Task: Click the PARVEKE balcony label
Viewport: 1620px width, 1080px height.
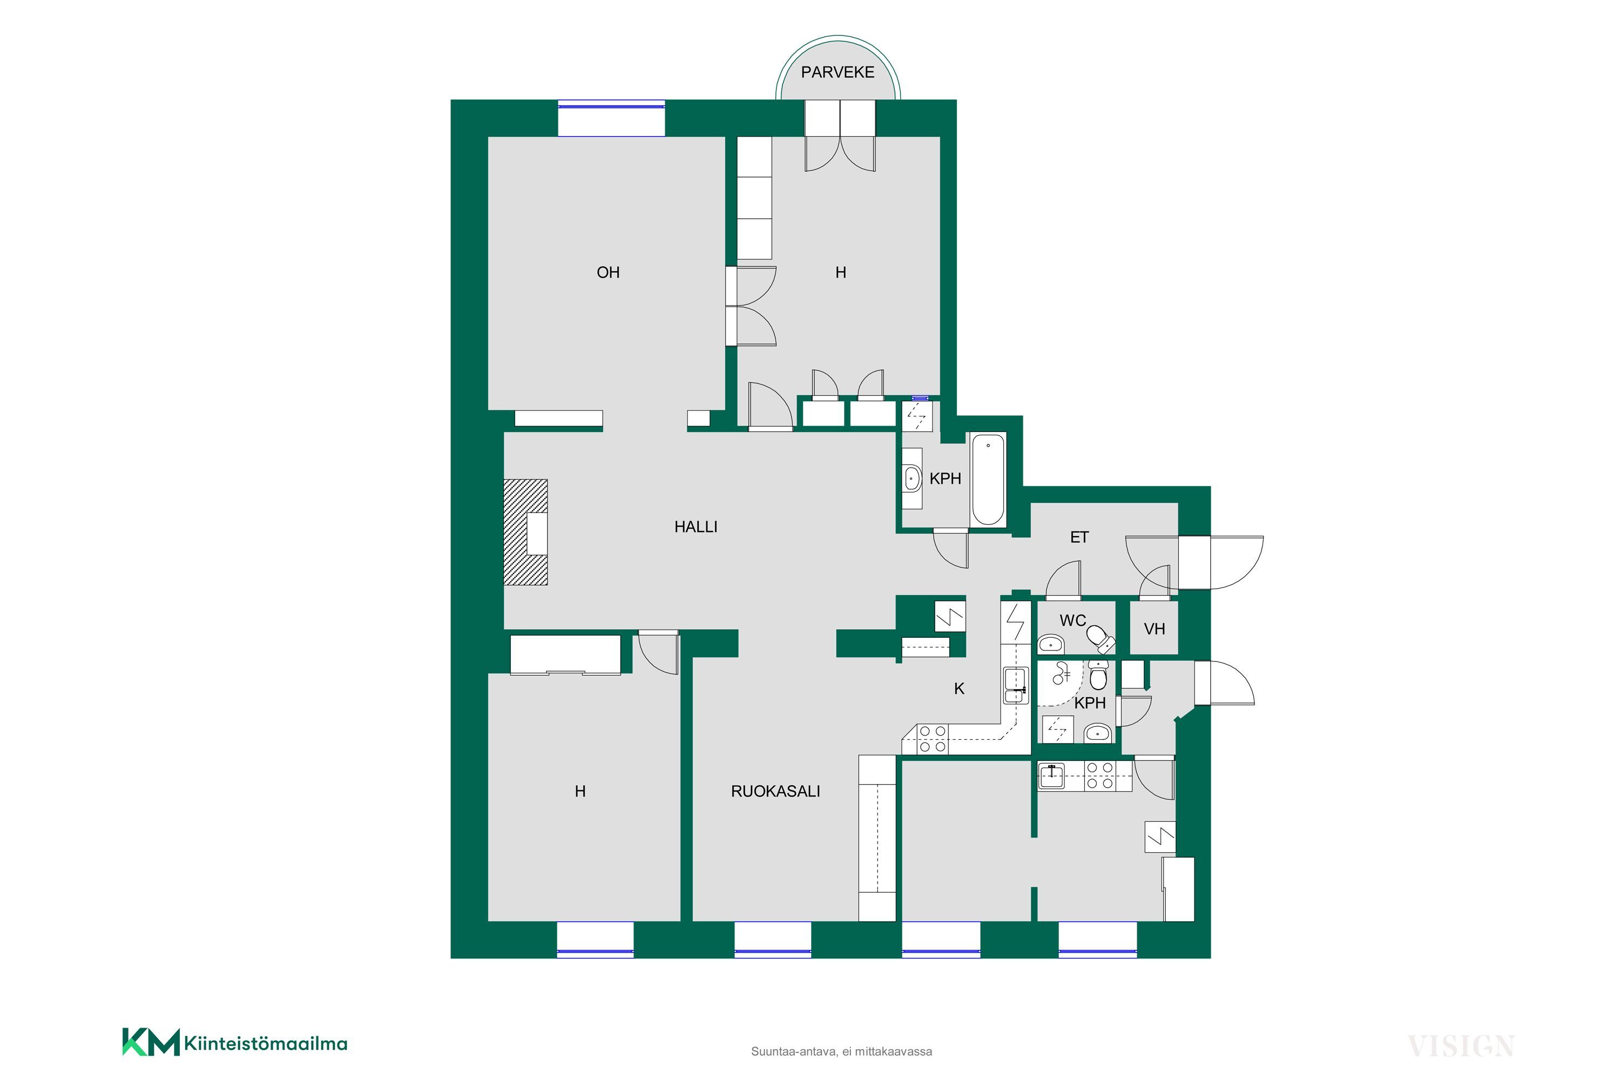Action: point(838,72)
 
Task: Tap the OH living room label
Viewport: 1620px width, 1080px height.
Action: point(608,273)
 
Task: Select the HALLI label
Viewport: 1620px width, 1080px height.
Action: point(696,527)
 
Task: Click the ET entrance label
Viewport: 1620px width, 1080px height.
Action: point(1079,537)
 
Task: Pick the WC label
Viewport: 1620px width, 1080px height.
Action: point(1072,620)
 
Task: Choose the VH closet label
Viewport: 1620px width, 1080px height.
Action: point(1155,629)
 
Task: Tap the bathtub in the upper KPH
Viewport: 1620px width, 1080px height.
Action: point(988,478)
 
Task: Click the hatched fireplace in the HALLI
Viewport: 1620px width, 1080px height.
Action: point(525,532)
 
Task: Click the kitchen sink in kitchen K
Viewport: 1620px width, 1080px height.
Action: point(1015,685)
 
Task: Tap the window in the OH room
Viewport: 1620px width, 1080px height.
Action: point(611,118)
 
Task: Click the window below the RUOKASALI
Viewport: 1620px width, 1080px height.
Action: point(773,940)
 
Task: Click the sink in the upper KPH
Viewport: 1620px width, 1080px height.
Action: point(913,478)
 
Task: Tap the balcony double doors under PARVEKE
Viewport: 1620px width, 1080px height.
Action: point(840,136)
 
